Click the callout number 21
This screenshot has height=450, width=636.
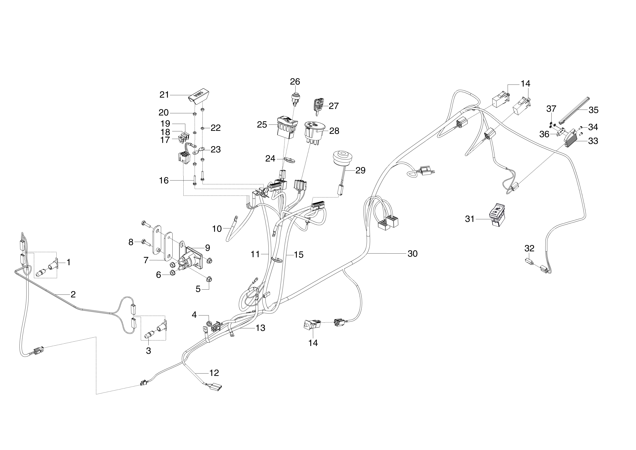(164, 95)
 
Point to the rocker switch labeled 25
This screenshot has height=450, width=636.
(287, 128)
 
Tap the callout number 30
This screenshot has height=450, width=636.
(412, 254)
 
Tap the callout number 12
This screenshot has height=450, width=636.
(214, 373)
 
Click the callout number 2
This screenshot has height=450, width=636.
(73, 294)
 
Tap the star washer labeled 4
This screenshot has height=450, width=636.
(209, 323)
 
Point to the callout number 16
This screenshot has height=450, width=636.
(164, 181)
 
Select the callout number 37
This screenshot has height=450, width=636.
(551, 109)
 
